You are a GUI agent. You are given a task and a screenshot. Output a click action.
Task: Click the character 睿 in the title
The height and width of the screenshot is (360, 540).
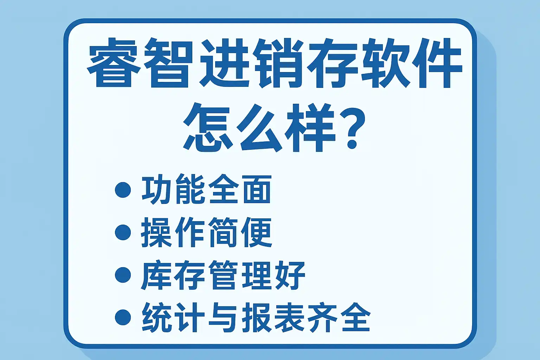pos(114,63)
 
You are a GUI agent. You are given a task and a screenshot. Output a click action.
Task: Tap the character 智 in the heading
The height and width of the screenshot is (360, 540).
pos(168,63)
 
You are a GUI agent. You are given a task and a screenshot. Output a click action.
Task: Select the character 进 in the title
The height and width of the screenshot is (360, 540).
pos(224,63)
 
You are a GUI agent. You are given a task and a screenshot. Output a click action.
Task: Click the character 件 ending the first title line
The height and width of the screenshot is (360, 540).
pos(437,63)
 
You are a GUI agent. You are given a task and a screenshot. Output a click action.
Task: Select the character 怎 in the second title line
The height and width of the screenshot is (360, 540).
pos(208,128)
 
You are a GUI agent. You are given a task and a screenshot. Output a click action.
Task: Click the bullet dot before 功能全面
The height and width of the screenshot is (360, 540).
pos(123,190)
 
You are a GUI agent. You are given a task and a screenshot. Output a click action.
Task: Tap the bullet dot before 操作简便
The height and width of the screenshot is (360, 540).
pos(123,232)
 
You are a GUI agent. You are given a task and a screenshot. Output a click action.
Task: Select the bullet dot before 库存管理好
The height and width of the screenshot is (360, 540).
pos(123,275)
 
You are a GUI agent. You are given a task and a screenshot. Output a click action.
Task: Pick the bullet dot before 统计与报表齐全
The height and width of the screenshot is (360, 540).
pos(123,317)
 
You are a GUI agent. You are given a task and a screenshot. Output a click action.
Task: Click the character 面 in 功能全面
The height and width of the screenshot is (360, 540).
pos(257,189)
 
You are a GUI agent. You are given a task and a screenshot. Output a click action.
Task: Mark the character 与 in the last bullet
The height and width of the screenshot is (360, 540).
pos(223,317)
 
